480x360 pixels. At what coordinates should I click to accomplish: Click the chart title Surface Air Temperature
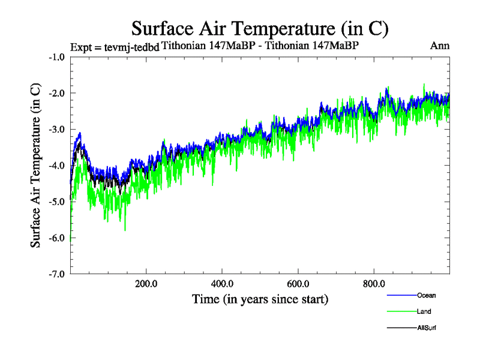pyautogui.click(x=260, y=28)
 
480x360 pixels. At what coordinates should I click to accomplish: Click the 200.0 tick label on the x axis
pyautogui.click(x=146, y=284)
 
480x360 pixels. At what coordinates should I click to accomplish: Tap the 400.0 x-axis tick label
pyautogui.click(x=222, y=284)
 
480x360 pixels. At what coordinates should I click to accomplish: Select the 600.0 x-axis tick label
pyautogui.click(x=298, y=284)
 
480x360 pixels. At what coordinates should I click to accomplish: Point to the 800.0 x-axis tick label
pyautogui.click(x=374, y=284)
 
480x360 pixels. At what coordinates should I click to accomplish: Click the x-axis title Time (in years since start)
pyautogui.click(x=260, y=298)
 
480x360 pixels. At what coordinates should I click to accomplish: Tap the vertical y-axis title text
pyautogui.click(x=36, y=164)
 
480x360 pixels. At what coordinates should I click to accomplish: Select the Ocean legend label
pyautogui.click(x=427, y=295)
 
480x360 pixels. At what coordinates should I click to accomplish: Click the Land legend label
pyautogui.click(x=424, y=311)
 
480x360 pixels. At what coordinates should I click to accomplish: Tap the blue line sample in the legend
pyautogui.click(x=401, y=295)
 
